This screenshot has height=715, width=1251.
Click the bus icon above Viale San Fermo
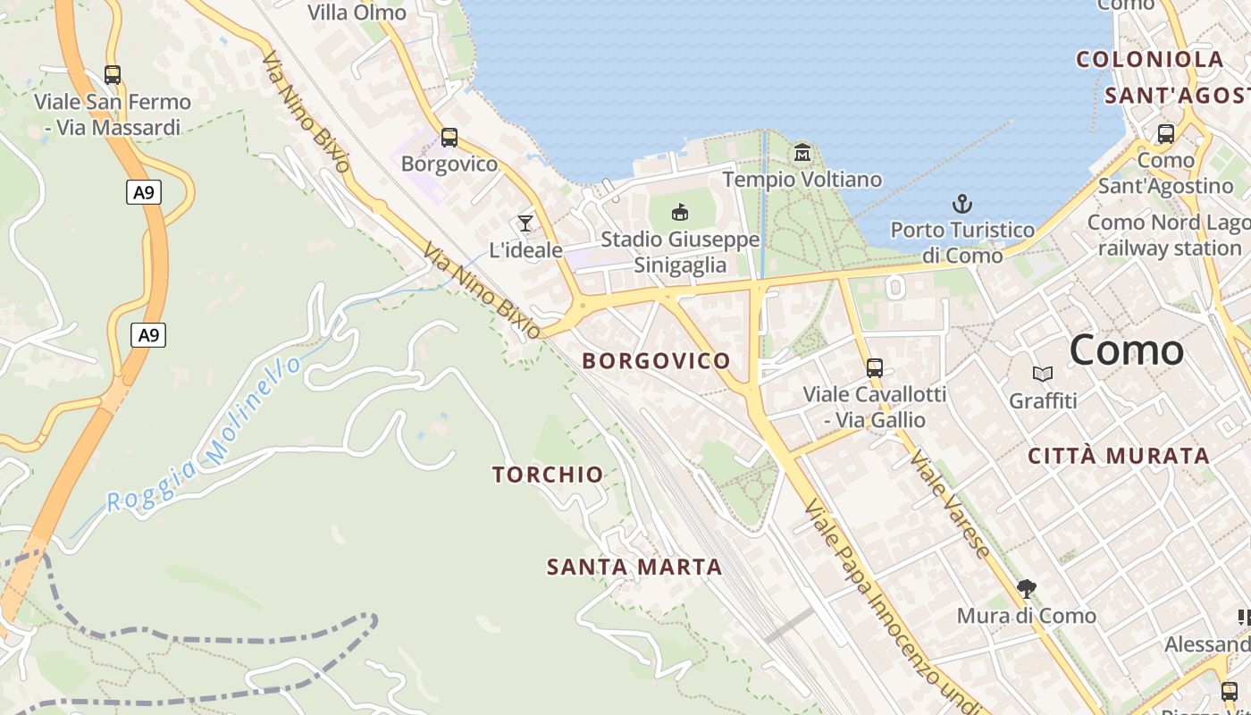[x=112, y=75]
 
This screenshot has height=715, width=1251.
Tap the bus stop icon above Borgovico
[x=449, y=138]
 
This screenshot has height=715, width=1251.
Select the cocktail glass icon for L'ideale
[x=525, y=223]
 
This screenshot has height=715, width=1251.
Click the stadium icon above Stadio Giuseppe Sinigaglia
[x=680, y=212]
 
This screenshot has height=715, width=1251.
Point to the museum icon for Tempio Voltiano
[x=802, y=153]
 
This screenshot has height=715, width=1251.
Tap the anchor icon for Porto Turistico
[x=962, y=204]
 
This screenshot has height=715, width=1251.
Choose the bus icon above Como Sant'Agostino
[x=1166, y=134]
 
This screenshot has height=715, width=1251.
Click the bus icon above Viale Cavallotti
[x=875, y=367]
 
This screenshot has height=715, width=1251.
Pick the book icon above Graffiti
[x=1042, y=374]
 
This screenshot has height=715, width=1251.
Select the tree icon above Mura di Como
[x=1027, y=588]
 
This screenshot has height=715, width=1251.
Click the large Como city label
[x=1126, y=349]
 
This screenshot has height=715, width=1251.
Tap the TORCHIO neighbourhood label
[x=548, y=475]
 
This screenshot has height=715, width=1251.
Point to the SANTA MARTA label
[x=634, y=567]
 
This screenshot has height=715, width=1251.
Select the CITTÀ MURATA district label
[x=1119, y=456]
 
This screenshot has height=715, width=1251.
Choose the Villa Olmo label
[x=357, y=13]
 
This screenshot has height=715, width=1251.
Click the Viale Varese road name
[x=949, y=504]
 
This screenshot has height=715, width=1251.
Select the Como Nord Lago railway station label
[x=1169, y=235]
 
